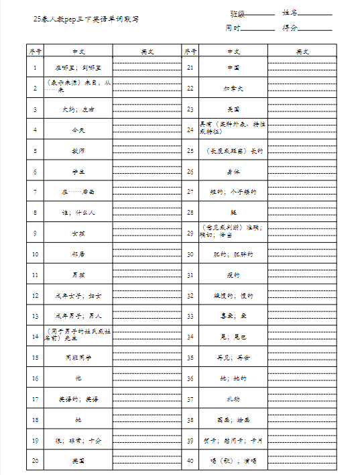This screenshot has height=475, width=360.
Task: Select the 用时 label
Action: pyautogui.click(x=233, y=28)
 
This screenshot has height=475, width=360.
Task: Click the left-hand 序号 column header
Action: pyautogui.click(x=35, y=51)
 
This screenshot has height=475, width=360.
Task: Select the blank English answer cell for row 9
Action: pyautogui.click(x=147, y=233)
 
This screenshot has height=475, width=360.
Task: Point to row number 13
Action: pyautogui.click(x=35, y=316)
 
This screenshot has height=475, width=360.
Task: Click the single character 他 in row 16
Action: pyautogui.click(x=78, y=378)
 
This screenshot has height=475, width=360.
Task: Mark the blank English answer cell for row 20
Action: pyautogui.click(x=147, y=461)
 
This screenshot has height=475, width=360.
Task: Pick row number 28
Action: pyautogui.click(x=190, y=213)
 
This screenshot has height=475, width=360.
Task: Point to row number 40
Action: pyautogui.click(x=190, y=461)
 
